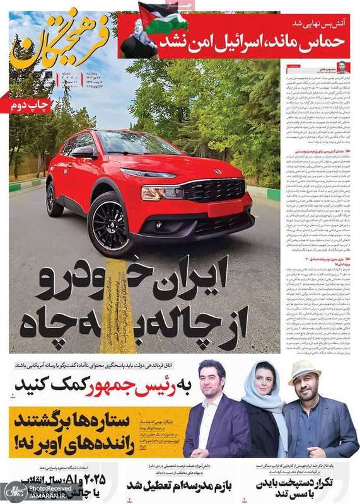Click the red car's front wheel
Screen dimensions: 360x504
click(x=110, y=224)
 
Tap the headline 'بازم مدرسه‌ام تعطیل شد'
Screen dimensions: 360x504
click(x=177, y=485)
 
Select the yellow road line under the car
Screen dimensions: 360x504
click(x=117, y=309)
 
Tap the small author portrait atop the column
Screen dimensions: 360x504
click(x=341, y=66)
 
